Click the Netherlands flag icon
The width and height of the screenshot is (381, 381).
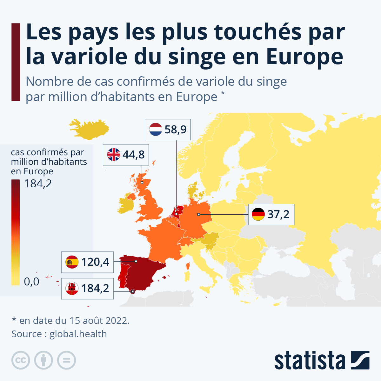tap(156, 130)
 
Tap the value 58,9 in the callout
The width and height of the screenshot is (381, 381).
tap(176, 130)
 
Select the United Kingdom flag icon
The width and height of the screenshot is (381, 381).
tap(114, 154)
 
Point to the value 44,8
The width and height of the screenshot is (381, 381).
tap(134, 155)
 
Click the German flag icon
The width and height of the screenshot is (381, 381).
tap(258, 214)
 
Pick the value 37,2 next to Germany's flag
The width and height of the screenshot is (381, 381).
tap(278, 214)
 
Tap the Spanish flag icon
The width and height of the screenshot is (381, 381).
tap(72, 262)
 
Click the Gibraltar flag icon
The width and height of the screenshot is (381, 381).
tap(72, 288)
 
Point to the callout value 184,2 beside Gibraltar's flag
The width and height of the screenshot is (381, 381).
tap(95, 289)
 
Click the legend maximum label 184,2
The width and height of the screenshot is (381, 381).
tap(38, 184)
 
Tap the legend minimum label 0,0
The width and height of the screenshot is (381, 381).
tap(32, 282)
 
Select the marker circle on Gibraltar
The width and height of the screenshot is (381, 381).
tap(133, 291)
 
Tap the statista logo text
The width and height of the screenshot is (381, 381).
tap(310, 360)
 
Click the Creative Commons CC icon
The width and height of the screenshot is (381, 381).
tap(21, 360)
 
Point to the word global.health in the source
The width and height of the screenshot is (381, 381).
tap(78, 334)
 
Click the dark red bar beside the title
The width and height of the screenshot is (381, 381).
tap(16, 62)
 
